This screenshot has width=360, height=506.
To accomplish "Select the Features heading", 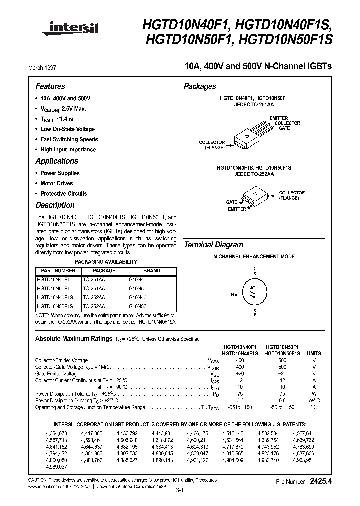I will click(50, 86).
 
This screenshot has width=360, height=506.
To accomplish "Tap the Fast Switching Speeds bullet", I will click(69, 139).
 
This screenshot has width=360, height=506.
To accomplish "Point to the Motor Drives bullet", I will click(56, 183).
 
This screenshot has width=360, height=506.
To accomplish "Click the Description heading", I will click(55, 205).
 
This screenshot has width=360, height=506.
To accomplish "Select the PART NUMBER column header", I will click(56, 271).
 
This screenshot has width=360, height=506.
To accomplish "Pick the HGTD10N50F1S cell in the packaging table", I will click(55, 306).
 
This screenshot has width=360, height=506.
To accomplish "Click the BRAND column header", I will click(151, 271).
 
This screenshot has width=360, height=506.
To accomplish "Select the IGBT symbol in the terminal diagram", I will click(254, 294).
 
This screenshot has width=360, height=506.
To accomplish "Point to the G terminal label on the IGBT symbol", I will click(232, 294).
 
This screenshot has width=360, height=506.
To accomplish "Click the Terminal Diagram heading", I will click(214, 245).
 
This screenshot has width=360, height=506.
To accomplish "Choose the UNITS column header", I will click(314, 353).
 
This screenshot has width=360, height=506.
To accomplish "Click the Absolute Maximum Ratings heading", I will click(73, 339).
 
